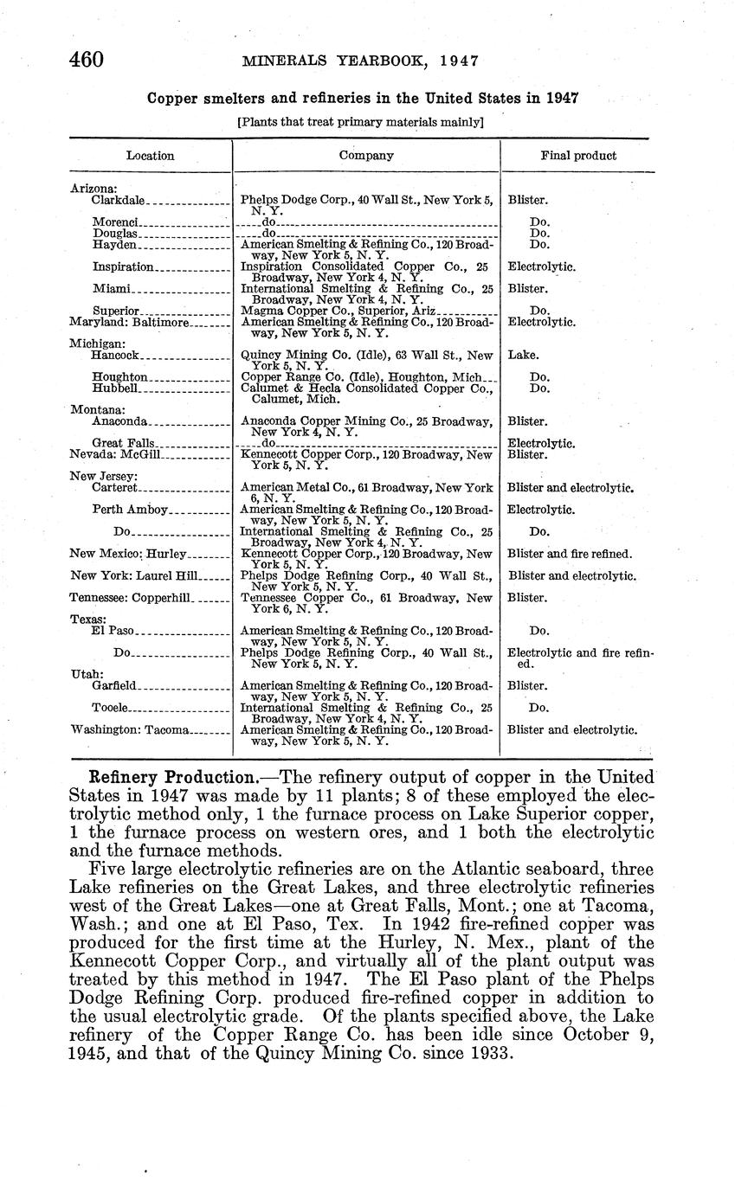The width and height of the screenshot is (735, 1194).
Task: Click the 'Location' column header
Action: [x=150, y=156]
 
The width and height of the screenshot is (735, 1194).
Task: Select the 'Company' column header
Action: [x=366, y=156]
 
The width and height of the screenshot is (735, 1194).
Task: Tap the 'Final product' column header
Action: [x=578, y=156]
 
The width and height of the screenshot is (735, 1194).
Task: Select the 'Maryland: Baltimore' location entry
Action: [x=128, y=322]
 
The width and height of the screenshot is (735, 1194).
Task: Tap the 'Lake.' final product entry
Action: [x=522, y=355]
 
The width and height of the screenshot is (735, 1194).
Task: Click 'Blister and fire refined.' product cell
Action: [x=570, y=554]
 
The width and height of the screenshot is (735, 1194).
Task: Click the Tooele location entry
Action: [x=110, y=708]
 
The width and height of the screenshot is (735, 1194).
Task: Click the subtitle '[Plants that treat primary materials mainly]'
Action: [x=360, y=122]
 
